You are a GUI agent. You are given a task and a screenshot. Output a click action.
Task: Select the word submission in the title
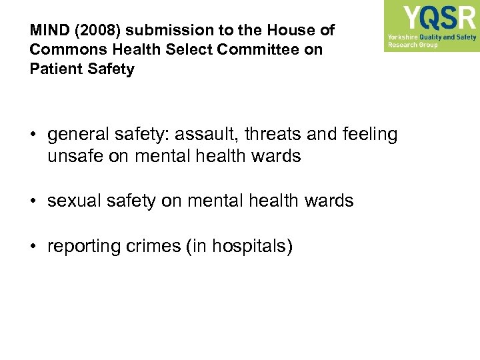coord(159,30)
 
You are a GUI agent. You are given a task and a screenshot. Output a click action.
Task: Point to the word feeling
coord(368,135)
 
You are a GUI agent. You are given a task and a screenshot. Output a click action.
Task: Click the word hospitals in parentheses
coord(249,246)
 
